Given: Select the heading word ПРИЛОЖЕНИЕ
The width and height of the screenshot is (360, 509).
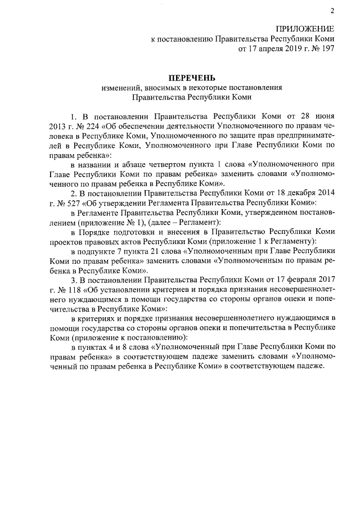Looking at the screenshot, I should click(304, 29).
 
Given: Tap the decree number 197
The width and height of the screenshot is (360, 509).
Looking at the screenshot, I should click(327, 49).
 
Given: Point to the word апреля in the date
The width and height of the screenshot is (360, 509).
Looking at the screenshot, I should click(263, 49).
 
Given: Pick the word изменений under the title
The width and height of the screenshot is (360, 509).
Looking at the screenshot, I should click(120, 88).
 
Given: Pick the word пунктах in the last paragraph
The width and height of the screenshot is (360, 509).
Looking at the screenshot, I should click(97, 348).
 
